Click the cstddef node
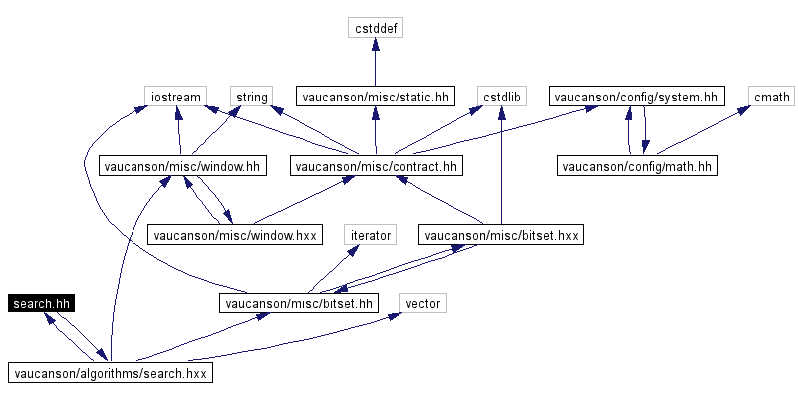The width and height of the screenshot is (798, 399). pyautogui.click(x=375, y=29)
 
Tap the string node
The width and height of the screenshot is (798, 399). pyautogui.click(x=250, y=98)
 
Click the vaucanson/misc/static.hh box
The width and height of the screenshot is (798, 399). pyautogui.click(x=375, y=98)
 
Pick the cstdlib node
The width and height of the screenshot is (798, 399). pyautogui.click(x=500, y=98)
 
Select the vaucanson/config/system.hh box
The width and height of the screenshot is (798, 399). pyautogui.click(x=636, y=98)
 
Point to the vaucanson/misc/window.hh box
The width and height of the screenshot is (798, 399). pyautogui.click(x=180, y=166)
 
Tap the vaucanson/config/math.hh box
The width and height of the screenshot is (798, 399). pyautogui.click(x=637, y=166)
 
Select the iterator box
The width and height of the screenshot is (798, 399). pyautogui.click(x=370, y=235)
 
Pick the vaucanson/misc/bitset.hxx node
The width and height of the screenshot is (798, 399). pyautogui.click(x=500, y=235)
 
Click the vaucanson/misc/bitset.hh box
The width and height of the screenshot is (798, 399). pyautogui.click(x=299, y=303)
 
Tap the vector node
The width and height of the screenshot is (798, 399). pyautogui.click(x=422, y=303)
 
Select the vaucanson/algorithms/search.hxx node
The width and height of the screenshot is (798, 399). pyautogui.click(x=112, y=372)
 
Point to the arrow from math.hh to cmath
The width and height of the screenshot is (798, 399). pyautogui.click(x=697, y=129)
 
